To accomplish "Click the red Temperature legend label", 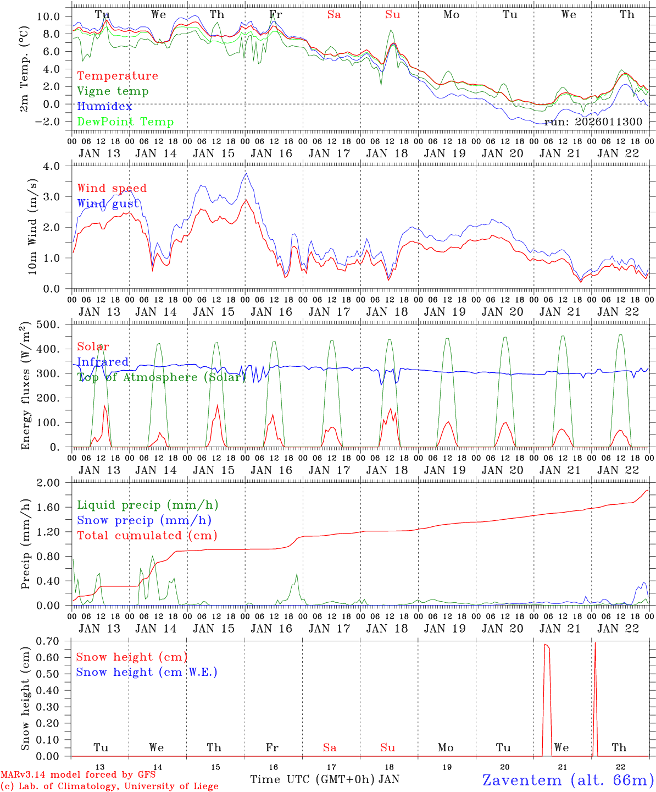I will click(x=118, y=76).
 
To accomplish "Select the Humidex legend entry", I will click(x=105, y=106).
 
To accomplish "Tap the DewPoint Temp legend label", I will click(x=125, y=122).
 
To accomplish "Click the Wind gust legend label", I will click(x=108, y=204).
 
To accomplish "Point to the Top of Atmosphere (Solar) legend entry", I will click(x=162, y=377).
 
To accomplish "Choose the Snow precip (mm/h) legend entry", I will click(x=144, y=520).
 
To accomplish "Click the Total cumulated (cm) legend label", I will click(x=147, y=535).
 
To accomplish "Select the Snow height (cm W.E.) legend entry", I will click(x=147, y=672).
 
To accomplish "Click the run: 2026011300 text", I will click(x=593, y=122).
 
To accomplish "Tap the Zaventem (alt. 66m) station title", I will click(x=568, y=779).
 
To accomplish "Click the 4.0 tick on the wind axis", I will click(x=58, y=166).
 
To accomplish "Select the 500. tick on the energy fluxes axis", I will click(x=54, y=324).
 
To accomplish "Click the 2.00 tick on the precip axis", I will click(x=53, y=483).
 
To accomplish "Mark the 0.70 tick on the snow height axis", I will click(x=53, y=641).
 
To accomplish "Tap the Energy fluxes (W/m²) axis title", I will click(x=25, y=387).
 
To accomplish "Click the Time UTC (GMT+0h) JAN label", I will click(x=325, y=779).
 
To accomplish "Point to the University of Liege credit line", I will click(x=109, y=787).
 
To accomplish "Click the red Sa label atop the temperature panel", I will click(x=334, y=15).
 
